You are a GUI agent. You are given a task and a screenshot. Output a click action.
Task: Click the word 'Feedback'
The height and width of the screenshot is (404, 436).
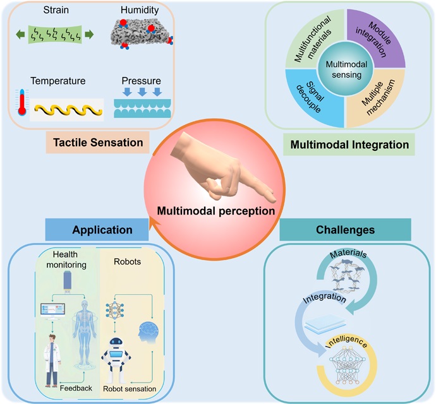(76, 388)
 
